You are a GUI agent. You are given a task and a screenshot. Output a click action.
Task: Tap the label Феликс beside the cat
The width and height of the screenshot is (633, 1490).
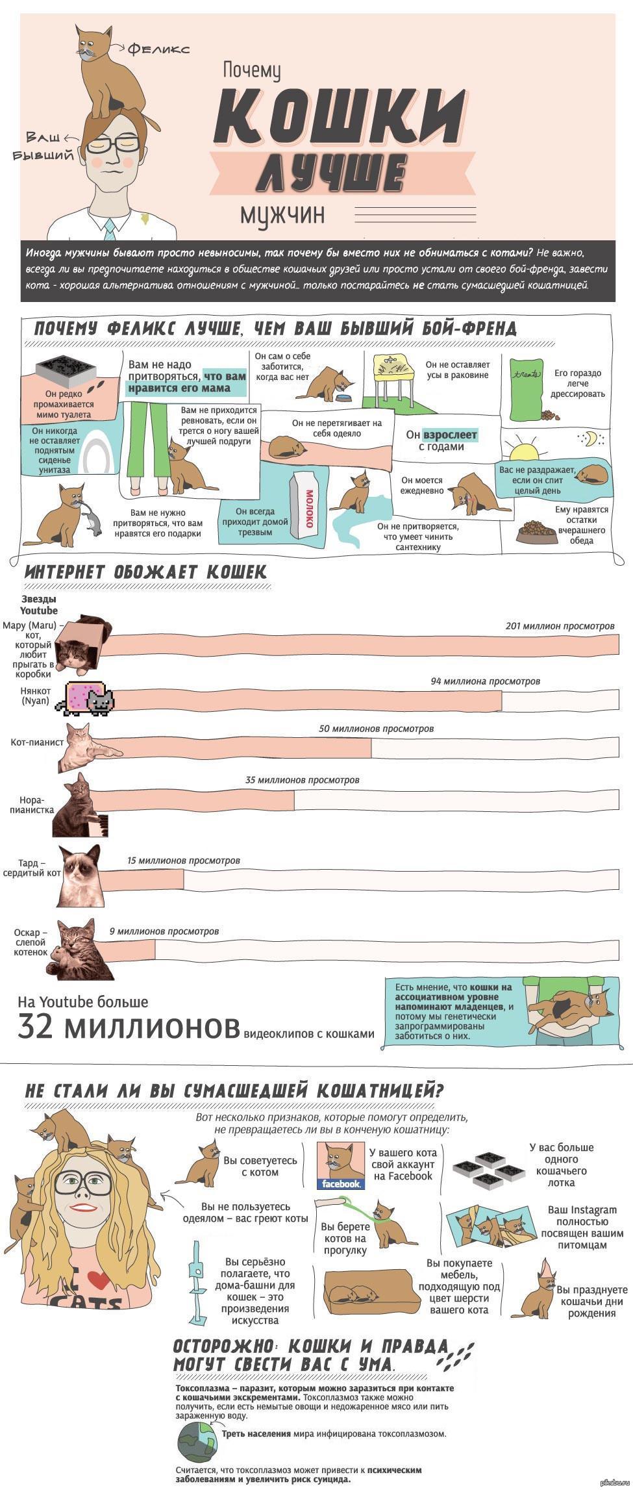(x=158, y=49)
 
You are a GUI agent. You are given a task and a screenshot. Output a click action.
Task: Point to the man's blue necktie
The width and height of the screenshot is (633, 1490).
(x=110, y=226)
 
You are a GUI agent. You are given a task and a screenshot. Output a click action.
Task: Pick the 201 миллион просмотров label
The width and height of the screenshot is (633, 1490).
(x=560, y=626)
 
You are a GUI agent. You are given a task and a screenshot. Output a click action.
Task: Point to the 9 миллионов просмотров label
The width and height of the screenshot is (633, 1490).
(x=164, y=931)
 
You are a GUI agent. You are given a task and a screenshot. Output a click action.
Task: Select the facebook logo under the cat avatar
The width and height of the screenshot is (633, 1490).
(x=341, y=1184)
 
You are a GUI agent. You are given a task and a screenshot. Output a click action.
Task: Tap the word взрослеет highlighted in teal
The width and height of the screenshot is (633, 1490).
(x=451, y=435)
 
